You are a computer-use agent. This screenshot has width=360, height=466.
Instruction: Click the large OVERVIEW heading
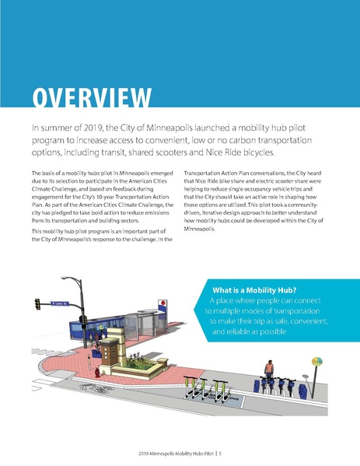pyautogui.click(x=92, y=100)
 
